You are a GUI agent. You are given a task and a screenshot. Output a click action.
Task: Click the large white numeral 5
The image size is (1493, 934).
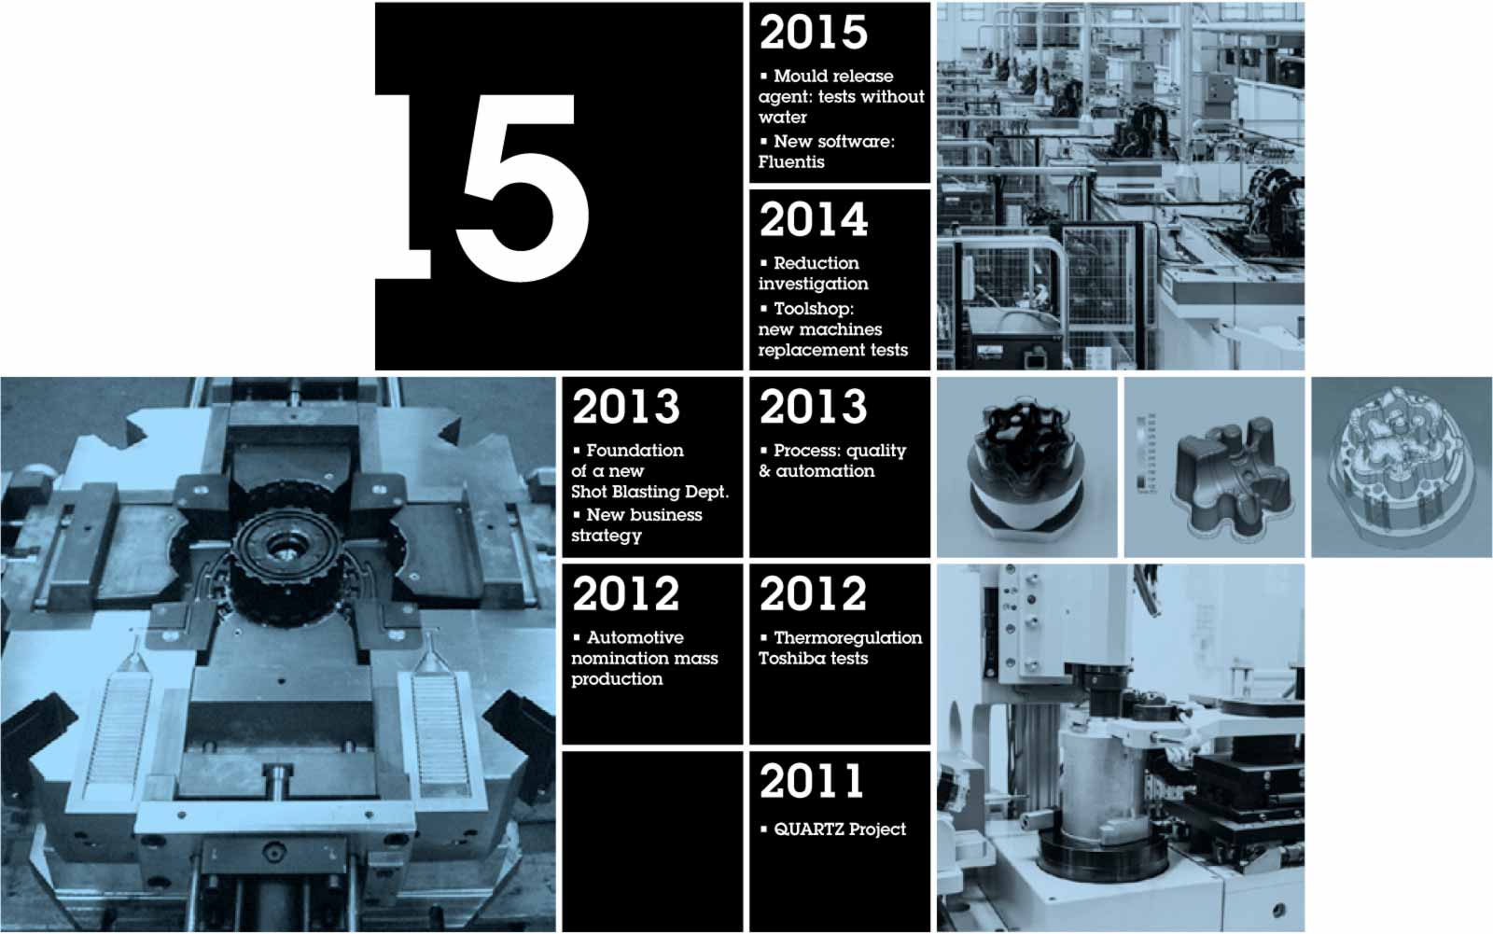523,188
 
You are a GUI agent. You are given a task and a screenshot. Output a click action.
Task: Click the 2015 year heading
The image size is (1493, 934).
813,33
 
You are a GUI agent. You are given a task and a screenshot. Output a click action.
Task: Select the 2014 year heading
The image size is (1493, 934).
813,220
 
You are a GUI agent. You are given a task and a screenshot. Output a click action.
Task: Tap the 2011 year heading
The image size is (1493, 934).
811,781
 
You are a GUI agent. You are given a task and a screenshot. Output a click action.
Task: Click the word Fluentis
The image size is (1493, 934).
791,162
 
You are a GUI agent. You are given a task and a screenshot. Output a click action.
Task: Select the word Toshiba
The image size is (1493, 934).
788,659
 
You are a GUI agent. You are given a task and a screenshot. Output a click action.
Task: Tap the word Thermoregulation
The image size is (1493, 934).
848,638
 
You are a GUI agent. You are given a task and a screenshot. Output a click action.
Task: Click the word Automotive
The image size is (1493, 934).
635,638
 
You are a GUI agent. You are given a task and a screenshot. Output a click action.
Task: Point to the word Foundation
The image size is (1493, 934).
635,451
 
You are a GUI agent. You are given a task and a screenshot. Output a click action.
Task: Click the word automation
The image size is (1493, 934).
825,471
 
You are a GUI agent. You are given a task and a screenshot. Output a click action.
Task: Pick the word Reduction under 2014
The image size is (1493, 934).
816,263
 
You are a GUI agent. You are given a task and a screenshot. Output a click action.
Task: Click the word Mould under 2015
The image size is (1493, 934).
797,76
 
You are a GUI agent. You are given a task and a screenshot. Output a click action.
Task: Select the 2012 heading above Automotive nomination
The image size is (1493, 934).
625,594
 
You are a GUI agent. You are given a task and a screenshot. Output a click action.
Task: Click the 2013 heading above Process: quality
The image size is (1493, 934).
813,407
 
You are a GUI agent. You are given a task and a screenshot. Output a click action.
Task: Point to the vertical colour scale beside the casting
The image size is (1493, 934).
1145,453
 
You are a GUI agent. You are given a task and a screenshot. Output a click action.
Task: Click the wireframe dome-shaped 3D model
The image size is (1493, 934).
1399,466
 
